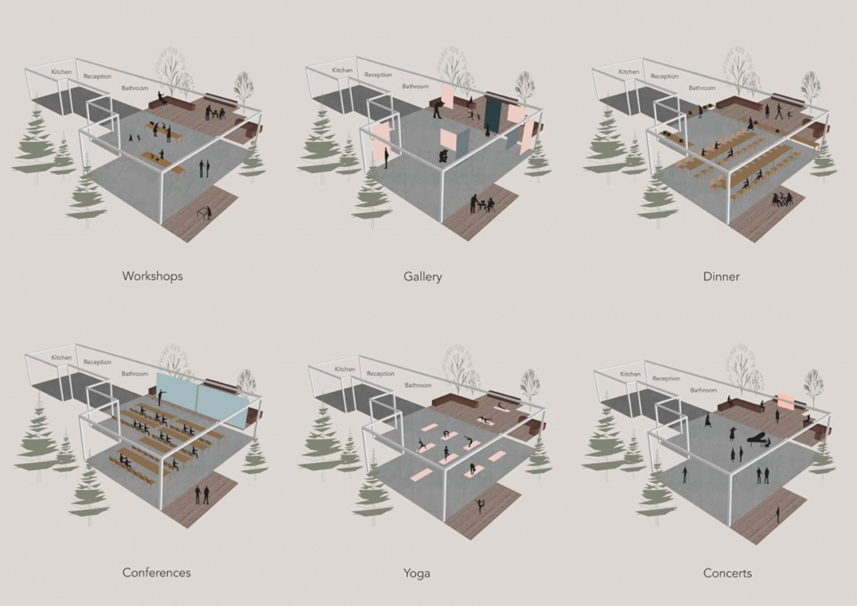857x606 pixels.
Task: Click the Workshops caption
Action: click(x=153, y=276)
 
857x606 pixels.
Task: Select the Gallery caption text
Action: click(x=423, y=277)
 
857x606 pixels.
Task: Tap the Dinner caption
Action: click(x=721, y=277)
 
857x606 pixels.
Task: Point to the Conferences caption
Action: click(x=156, y=573)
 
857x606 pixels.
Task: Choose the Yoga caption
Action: click(x=416, y=573)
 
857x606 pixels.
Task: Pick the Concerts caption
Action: click(x=727, y=573)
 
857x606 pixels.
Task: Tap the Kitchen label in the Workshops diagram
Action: click(x=62, y=72)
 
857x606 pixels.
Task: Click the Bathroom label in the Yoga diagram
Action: click(x=418, y=385)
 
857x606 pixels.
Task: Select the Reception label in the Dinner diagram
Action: click(x=664, y=76)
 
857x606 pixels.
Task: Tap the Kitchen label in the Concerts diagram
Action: click(x=630, y=374)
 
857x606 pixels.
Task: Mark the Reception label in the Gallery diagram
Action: click(x=378, y=75)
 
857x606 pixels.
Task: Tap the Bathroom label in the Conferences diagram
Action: click(x=135, y=374)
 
